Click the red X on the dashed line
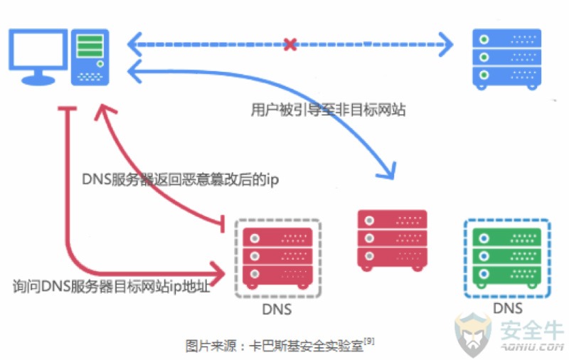pyautogui.click(x=290, y=45)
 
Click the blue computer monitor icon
pyautogui.click(x=38, y=57)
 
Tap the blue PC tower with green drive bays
pyautogui.click(x=90, y=58)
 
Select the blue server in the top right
pyautogui.click(x=506, y=60)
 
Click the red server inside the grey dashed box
pyautogui.click(x=277, y=258)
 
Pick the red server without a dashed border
pyautogui.click(x=393, y=240)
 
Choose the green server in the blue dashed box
pyautogui.click(x=507, y=258)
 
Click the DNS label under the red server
pyautogui.click(x=277, y=309)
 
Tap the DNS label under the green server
pyautogui.click(x=508, y=309)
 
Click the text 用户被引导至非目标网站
pyautogui.click(x=328, y=110)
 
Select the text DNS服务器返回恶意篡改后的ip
pyautogui.click(x=181, y=179)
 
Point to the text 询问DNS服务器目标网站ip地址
pyautogui.click(x=112, y=286)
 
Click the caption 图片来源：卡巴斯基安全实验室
pyautogui.click(x=275, y=346)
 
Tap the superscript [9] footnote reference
pyautogui.click(x=369, y=341)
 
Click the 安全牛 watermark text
pyautogui.click(x=532, y=329)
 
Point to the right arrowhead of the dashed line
pyautogui.click(x=446, y=45)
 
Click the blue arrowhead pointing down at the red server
pyautogui.click(x=387, y=171)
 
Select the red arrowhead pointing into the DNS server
pyautogui.click(x=217, y=273)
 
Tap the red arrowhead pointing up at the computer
pyautogui.click(x=105, y=112)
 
